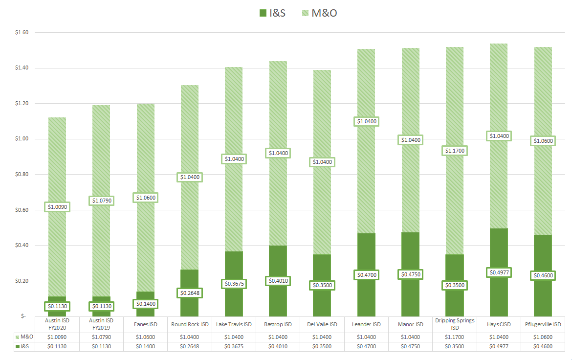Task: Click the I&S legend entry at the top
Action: (272, 13)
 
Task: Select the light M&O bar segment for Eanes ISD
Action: (145, 147)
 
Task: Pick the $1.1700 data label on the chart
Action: (456, 151)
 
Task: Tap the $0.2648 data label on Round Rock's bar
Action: (190, 293)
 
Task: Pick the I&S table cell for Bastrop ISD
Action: (278, 346)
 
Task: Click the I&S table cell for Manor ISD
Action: (411, 346)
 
